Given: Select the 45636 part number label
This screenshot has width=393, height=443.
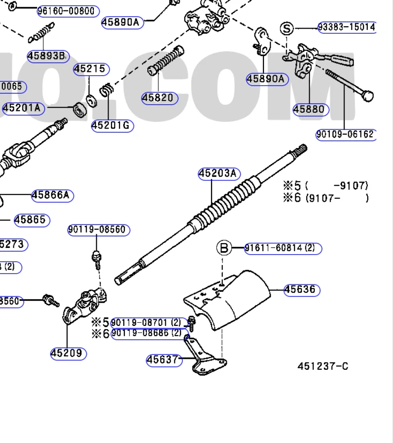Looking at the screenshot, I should point(302,290).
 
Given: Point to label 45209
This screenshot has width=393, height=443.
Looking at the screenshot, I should point(69,353).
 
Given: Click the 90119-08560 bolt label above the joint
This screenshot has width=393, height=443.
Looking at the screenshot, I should point(98,230).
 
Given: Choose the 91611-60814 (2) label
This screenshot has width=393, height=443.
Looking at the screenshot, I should point(283,248).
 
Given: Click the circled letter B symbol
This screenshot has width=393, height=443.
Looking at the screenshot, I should point(224,248).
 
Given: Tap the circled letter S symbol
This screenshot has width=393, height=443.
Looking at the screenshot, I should point(287,29).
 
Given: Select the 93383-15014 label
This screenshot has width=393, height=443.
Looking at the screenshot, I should point(346,27).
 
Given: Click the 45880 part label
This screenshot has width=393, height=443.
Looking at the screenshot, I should point(311,109).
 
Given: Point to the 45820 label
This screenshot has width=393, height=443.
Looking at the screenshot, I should point(160,98).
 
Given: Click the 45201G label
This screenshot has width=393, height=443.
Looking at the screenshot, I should point(112,126).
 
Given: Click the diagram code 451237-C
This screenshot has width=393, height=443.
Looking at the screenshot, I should point(323,366).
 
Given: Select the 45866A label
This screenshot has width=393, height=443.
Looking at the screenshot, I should point(52,195).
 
